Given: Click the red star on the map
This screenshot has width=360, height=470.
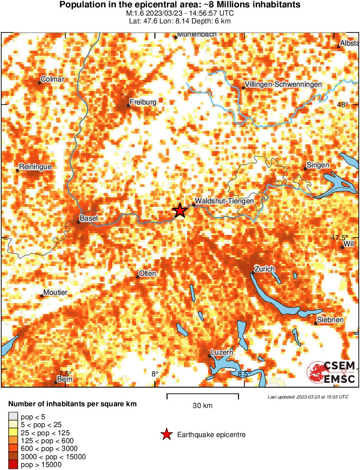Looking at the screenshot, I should coord(180,211).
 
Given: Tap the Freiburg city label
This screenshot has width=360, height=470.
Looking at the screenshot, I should coord(143,102).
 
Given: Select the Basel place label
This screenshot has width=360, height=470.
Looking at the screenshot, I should coord(89,218).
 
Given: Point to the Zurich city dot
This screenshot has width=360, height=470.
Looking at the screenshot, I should coord(253,273).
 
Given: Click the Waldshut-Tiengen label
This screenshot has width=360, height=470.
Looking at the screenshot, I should coord(224,201).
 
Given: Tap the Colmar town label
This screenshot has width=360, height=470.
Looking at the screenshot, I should coord(52,79).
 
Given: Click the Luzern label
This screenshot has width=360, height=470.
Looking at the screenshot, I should coord(222,352).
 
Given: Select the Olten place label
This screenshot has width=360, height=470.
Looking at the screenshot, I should coord(147,274).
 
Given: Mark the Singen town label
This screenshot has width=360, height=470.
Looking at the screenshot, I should coord(318,165).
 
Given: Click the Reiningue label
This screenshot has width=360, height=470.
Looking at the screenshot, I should coord(36,167).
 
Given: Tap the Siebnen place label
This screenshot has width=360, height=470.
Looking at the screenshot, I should coord(331,320).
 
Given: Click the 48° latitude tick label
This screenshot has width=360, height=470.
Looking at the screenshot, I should coord(342,104).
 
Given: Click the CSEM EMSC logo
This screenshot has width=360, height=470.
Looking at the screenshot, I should coord(331,372).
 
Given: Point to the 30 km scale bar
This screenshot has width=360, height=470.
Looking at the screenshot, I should coord(203,395).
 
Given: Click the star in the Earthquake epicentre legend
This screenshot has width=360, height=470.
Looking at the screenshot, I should coord(166,434).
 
